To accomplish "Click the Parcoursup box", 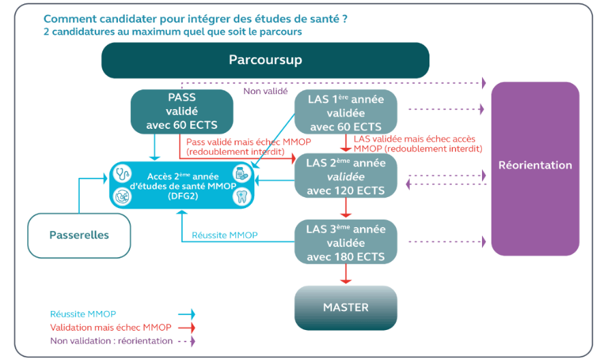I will tap(265, 60).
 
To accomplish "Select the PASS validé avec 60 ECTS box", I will tap(181, 110).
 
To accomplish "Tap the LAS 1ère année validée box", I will tap(345, 112).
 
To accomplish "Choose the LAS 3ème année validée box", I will tap(345, 243).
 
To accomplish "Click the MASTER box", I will tap(345, 307).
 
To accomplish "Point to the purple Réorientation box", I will tap(535, 166).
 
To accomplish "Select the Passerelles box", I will tap(79, 235).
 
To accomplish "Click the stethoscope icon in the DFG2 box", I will tap(123, 175).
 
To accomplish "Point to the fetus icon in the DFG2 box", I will tap(123, 196).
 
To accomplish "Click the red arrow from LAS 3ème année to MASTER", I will tap(346, 275).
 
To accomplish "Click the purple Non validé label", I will tap(265, 91).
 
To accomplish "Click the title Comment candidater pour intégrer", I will tap(194, 19).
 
